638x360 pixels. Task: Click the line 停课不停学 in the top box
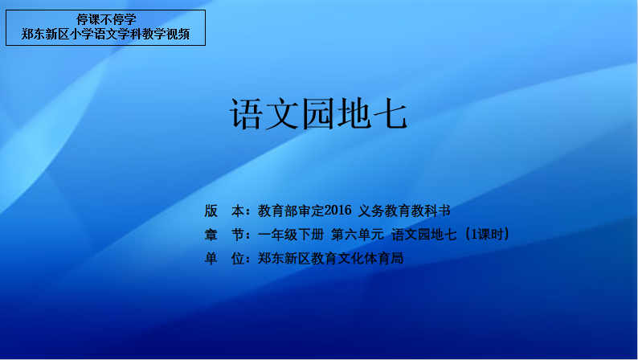[x=106, y=19]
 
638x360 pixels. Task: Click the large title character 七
[x=391, y=114]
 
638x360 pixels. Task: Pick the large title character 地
[x=355, y=114]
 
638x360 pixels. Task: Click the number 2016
[x=338, y=211]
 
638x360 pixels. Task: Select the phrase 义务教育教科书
[x=404, y=211]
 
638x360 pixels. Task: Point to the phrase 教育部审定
[x=291, y=211]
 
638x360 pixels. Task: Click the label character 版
[x=211, y=211]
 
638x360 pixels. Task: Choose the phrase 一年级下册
[x=291, y=235]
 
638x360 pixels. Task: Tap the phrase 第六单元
[x=358, y=235]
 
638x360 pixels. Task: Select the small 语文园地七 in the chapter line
[x=424, y=235]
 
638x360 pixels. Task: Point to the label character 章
[x=211, y=235]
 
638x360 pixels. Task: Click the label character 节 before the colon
[x=238, y=235]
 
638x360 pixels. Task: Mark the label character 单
[x=211, y=258]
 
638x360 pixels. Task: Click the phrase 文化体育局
[x=370, y=258]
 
